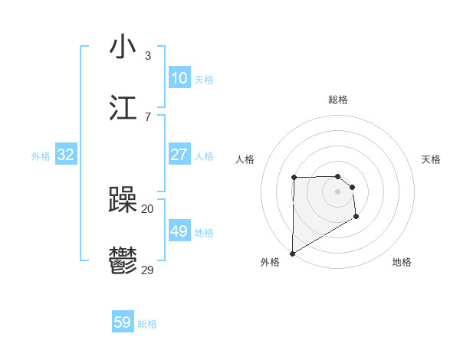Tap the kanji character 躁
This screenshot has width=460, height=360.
click(123, 201)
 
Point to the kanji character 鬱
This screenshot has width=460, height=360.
click(123, 262)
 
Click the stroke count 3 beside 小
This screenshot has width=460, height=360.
click(147, 56)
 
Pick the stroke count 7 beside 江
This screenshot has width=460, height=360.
click(147, 116)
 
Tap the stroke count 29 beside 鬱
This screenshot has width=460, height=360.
click(148, 270)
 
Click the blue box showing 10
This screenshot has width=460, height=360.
click(179, 78)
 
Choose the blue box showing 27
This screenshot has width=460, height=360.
click(179, 155)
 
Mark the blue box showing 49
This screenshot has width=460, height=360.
click(179, 231)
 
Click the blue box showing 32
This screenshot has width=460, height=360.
click(66, 155)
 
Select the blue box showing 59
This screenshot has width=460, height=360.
click(123, 322)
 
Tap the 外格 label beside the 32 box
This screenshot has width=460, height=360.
click(41, 156)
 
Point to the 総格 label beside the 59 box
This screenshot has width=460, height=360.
click(147, 324)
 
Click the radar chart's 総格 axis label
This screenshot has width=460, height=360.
click(338, 100)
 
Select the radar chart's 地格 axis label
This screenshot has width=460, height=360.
click(402, 262)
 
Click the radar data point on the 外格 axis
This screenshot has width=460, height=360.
click(292, 253)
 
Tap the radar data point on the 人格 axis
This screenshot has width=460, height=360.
click(294, 178)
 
